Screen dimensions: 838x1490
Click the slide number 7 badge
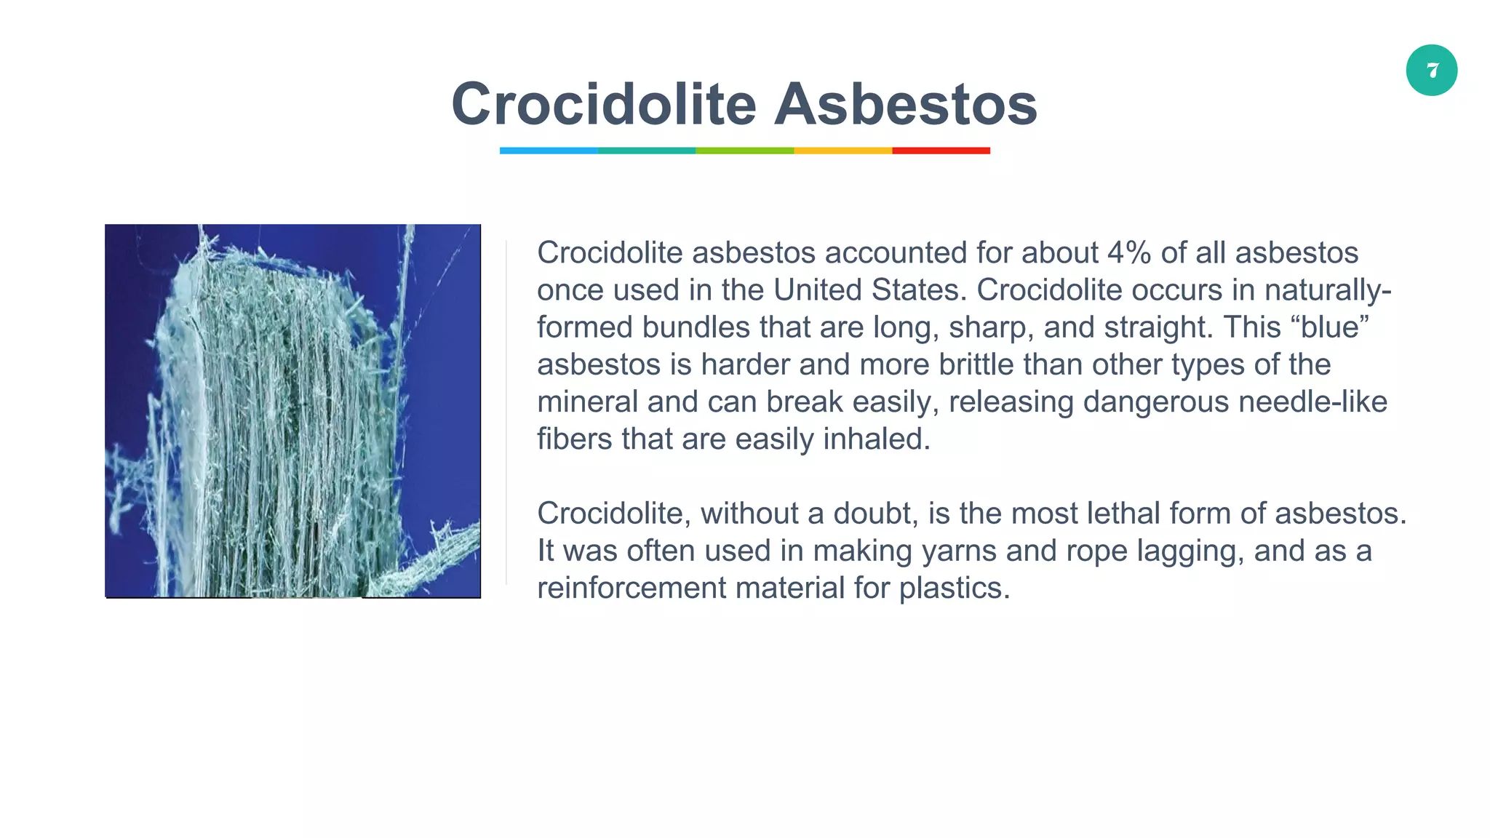[1431, 71]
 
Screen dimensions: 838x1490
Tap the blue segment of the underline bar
[549, 151]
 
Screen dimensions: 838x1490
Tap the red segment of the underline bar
[941, 151]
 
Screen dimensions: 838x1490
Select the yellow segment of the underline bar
[842, 151]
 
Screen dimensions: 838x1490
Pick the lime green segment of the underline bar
[744, 151]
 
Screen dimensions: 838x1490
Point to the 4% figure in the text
[1129, 253]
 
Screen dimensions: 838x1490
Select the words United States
[870, 290]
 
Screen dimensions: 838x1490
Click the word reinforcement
[632, 588]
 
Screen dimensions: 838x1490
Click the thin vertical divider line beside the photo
[506, 412]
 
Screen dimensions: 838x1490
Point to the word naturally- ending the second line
[1328, 290]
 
